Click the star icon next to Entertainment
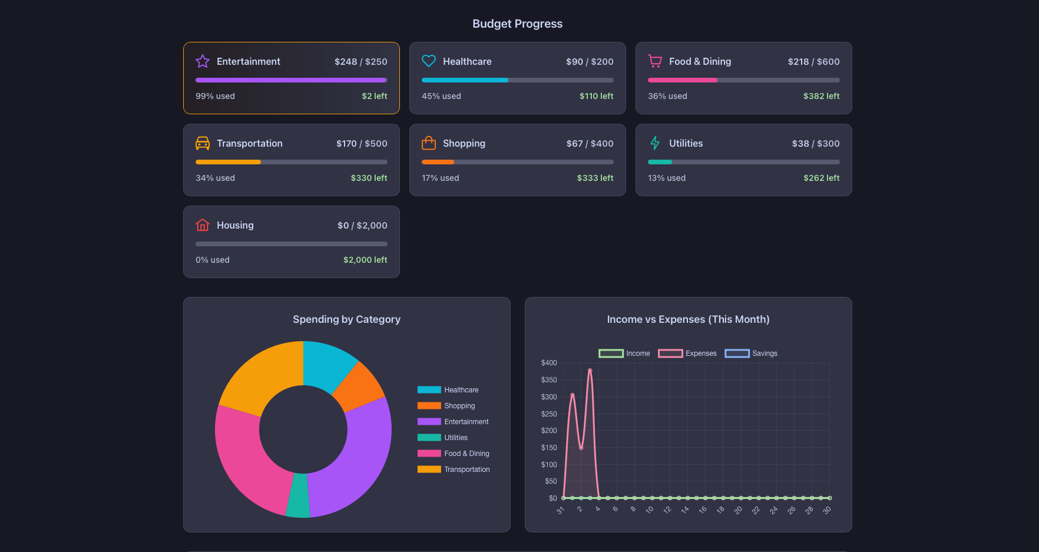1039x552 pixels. click(x=203, y=61)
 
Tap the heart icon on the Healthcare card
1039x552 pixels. click(x=429, y=61)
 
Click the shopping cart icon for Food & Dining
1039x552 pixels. click(x=655, y=61)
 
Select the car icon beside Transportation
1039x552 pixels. click(x=203, y=143)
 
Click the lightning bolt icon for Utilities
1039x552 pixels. click(x=655, y=143)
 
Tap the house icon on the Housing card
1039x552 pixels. click(x=203, y=225)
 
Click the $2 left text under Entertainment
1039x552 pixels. click(x=374, y=96)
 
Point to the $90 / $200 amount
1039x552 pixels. click(x=589, y=62)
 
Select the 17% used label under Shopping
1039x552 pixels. click(x=440, y=178)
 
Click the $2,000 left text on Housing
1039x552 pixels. click(x=365, y=260)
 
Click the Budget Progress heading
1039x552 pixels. click(x=517, y=24)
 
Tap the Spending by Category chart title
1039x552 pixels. click(x=346, y=319)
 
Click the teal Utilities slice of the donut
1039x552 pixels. click(x=299, y=496)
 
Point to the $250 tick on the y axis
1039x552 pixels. click(x=549, y=414)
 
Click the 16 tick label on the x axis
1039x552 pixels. click(x=703, y=510)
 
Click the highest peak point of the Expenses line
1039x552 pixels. click(x=590, y=371)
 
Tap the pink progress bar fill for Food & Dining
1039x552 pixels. click(x=682, y=80)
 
